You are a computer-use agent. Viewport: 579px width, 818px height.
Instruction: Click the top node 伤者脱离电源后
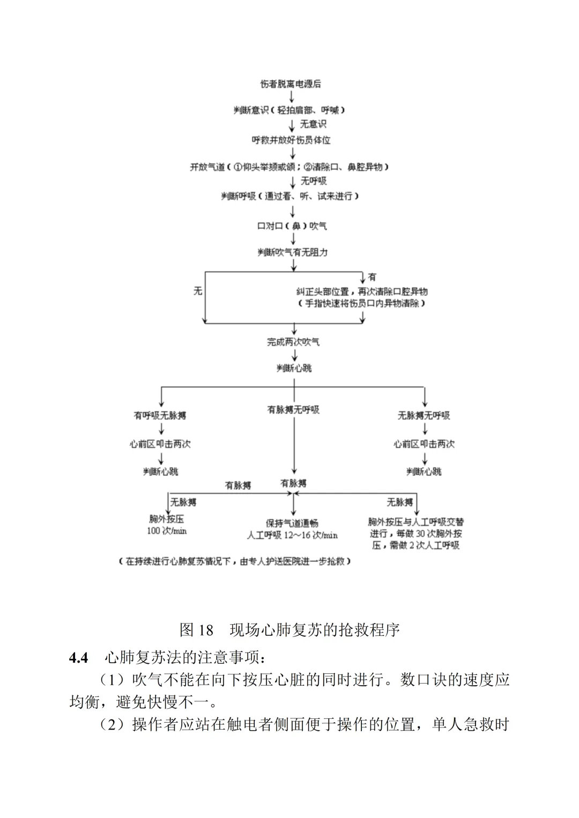291,84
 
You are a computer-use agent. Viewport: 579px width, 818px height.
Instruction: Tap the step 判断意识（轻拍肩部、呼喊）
290,110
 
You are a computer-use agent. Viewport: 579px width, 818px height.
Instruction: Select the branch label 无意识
313,124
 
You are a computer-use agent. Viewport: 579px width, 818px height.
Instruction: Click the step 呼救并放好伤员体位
291,140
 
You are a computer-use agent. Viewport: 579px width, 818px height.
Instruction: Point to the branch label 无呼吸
314,181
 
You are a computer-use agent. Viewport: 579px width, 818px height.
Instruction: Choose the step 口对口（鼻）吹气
292,226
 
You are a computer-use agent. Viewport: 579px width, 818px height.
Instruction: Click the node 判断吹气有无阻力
292,252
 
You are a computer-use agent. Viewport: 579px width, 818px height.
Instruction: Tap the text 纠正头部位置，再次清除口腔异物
362,292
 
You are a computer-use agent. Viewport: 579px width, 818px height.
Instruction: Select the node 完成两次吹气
293,342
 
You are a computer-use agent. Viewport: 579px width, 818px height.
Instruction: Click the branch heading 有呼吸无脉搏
160,416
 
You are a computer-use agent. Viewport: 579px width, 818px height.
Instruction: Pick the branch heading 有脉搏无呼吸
293,410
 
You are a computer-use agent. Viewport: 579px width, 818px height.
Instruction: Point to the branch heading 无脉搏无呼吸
424,416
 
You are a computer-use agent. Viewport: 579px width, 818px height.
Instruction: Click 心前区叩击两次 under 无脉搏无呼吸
424,444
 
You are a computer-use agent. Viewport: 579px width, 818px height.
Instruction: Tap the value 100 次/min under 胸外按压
167,531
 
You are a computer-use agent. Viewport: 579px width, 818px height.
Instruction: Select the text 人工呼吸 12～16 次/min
292,535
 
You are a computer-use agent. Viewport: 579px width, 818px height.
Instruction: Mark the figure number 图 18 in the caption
196,629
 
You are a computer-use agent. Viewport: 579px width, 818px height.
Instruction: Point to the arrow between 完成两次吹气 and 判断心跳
293,355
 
